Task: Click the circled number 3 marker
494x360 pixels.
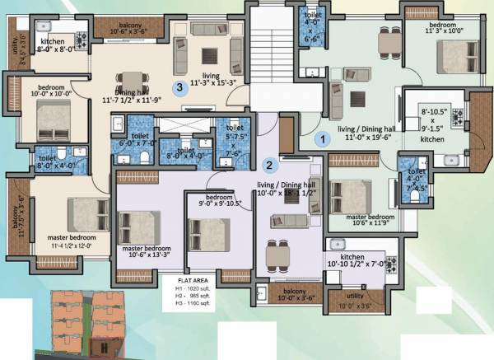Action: click(x=177, y=86)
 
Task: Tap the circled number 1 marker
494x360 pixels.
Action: click(x=325, y=139)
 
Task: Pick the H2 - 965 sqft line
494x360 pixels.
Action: click(x=186, y=297)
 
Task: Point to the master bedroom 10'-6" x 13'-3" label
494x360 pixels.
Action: click(x=147, y=251)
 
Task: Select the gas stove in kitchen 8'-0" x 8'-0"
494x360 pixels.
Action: click(x=80, y=38)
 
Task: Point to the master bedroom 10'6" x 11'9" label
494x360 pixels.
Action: click(x=362, y=220)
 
